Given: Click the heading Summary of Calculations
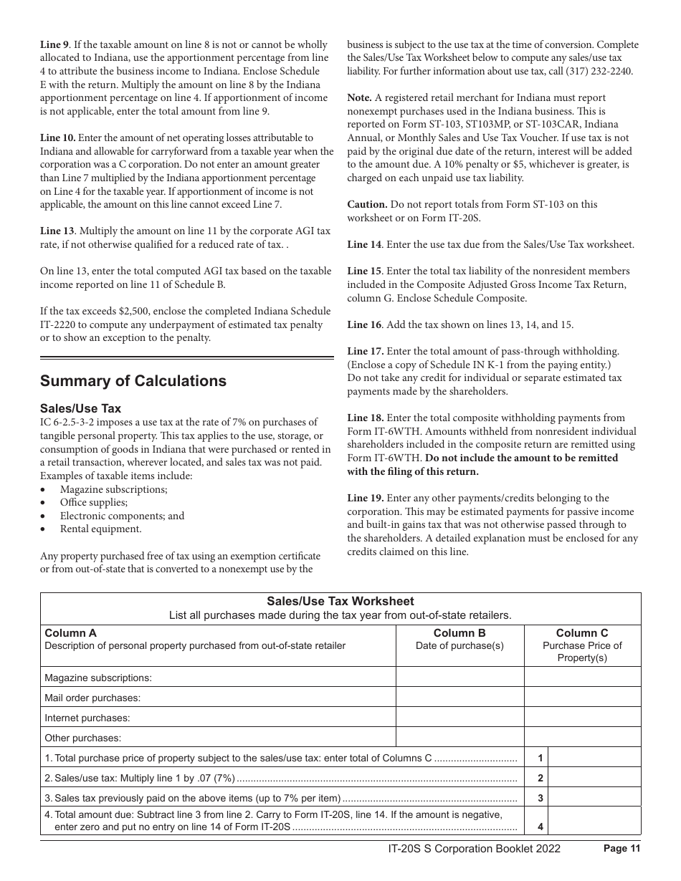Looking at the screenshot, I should pyautogui.click(x=133, y=381).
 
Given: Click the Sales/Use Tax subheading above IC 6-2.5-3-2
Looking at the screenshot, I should pyautogui.click(x=80, y=408).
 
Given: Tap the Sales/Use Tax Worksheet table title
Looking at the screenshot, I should pyautogui.click(x=340, y=602).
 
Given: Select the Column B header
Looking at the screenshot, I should pyautogui.click(x=459, y=633).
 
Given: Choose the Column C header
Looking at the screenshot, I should pyautogui.click(x=582, y=633).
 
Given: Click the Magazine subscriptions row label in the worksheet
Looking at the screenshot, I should pyautogui.click(x=98, y=678).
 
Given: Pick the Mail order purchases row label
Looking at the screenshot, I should pyautogui.click(x=92, y=698).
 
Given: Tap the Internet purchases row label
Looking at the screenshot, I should pyautogui.click(x=87, y=718).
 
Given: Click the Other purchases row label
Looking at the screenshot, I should pyautogui.click(x=83, y=738).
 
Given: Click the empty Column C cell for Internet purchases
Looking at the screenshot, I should pyautogui.click(x=582, y=718).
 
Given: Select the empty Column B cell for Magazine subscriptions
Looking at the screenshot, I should pyautogui.click(x=459, y=678).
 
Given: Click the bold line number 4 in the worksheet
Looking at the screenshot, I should pyautogui.click(x=540, y=827).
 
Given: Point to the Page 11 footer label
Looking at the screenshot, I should pyautogui.click(x=621, y=849).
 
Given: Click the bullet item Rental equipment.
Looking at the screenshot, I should pyautogui.click(x=100, y=529).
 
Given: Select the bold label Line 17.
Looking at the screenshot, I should pyautogui.click(x=366, y=352).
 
